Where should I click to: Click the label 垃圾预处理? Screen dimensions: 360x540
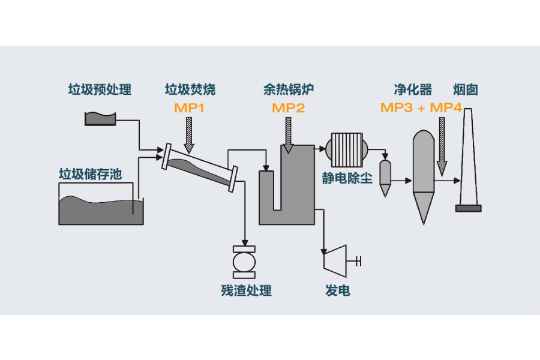click(100, 90)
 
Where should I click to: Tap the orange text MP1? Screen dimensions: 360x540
click(190, 108)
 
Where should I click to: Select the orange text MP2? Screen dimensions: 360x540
click(289, 108)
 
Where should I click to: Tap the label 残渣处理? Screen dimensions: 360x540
click(246, 291)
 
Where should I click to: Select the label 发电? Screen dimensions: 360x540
click(338, 291)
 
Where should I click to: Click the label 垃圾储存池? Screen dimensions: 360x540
click(90, 175)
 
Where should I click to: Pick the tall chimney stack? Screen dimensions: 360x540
click(468, 162)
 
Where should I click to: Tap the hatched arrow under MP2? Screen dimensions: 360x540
click(289, 133)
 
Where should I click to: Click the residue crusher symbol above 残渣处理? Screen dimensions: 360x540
click(244, 262)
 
